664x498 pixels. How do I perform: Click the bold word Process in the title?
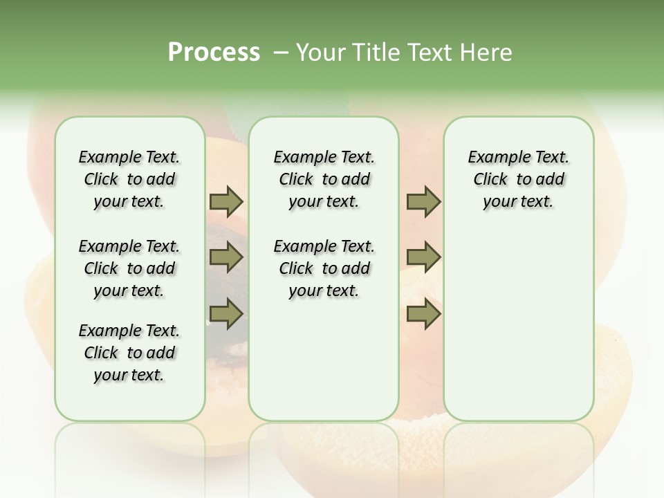pyautogui.click(x=214, y=53)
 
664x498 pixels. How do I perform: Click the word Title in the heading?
pyautogui.click(x=376, y=53)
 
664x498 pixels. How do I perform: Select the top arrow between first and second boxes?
pyautogui.click(x=226, y=202)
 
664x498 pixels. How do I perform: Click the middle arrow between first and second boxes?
pyautogui.click(x=226, y=258)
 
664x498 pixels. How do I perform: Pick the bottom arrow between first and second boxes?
pyautogui.click(x=226, y=314)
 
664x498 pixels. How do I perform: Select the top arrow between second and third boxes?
pyautogui.click(x=423, y=202)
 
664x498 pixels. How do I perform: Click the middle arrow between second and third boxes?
pyautogui.click(x=423, y=258)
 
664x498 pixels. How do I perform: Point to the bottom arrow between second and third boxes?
pyautogui.click(x=423, y=314)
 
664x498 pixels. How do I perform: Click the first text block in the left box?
pyautogui.click(x=129, y=179)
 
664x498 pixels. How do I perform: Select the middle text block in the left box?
pyautogui.click(x=129, y=268)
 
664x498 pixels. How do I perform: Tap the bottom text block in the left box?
pyautogui.click(x=129, y=353)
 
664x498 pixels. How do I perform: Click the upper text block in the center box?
pyautogui.click(x=324, y=179)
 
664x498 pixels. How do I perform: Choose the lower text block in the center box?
pyautogui.click(x=324, y=268)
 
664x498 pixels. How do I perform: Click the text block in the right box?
pyautogui.click(x=518, y=179)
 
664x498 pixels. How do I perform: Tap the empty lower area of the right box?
pyautogui.click(x=518, y=332)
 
